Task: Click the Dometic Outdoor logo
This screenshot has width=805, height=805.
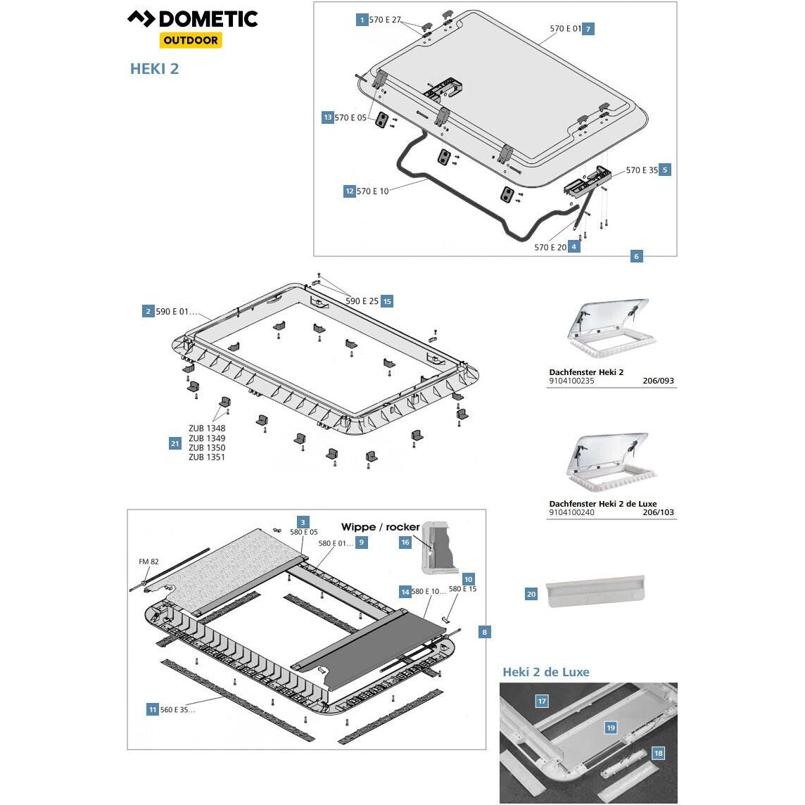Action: point(192,28)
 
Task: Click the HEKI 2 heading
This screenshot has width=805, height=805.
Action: point(155,69)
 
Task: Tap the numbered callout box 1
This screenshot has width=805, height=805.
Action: point(362,20)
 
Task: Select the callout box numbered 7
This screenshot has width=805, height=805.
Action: point(588,29)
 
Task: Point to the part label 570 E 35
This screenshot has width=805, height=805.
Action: point(642,170)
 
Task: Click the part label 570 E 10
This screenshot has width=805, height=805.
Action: point(372,191)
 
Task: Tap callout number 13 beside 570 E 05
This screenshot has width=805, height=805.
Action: point(328,118)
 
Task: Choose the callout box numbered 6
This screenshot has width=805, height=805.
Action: point(636,257)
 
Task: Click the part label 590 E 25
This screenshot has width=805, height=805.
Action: point(362,301)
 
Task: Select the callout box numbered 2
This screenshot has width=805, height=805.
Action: point(148,311)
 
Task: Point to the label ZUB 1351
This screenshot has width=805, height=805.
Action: point(207,457)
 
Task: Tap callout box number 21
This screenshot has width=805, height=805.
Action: point(175,443)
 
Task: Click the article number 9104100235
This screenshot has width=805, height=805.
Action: point(571,381)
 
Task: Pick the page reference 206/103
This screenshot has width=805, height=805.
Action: point(658,512)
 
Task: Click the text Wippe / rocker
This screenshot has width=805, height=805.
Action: point(380,527)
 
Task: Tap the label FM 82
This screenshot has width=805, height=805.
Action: point(148,562)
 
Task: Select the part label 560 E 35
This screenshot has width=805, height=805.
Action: point(177,710)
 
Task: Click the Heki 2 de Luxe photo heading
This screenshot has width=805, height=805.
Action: point(545,672)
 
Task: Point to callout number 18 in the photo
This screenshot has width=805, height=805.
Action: point(658,753)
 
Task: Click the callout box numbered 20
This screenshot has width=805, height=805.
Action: point(531,595)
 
